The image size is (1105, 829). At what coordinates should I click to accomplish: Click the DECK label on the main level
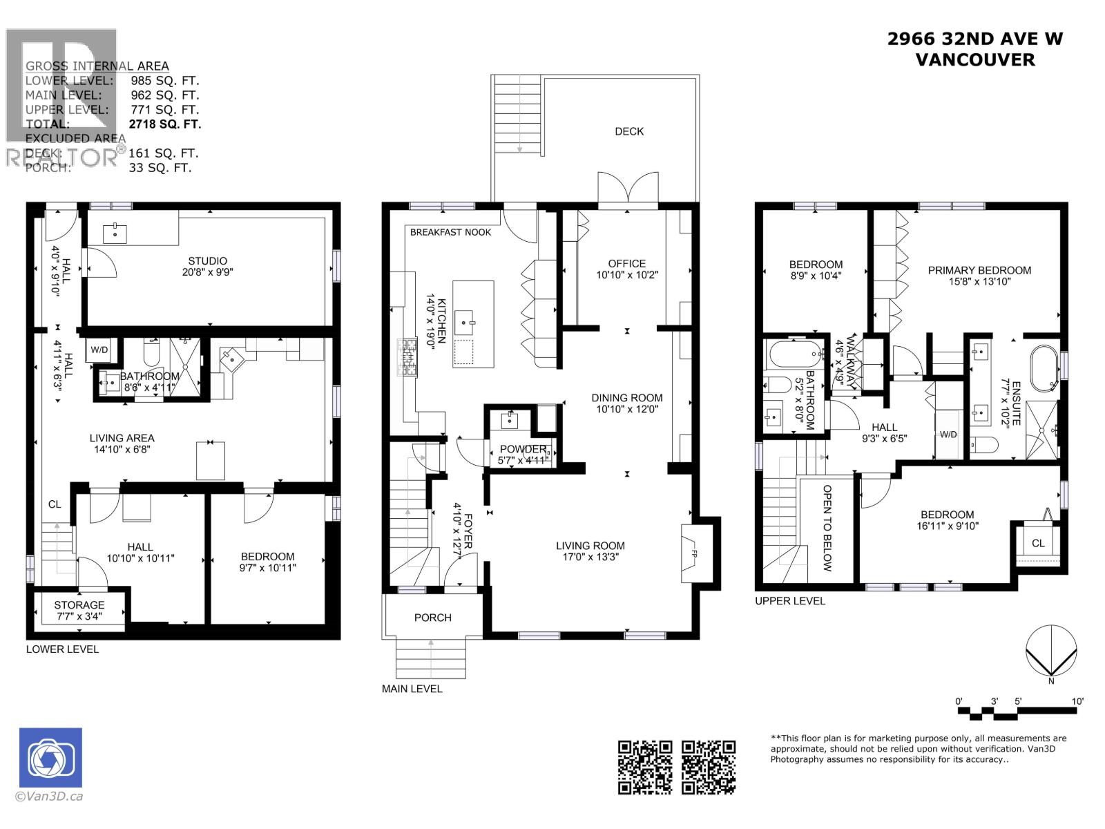tap(628, 131)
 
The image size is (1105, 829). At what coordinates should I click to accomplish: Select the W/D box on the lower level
tap(99, 350)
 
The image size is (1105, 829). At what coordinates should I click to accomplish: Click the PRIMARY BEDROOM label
tap(979, 270)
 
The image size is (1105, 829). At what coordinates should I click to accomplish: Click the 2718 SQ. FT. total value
tap(165, 124)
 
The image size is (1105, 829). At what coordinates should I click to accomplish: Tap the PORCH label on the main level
tap(432, 618)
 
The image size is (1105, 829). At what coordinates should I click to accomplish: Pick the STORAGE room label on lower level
tap(79, 605)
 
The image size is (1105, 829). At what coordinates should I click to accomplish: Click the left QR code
tap(644, 767)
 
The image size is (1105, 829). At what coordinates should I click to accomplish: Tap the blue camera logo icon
tap(50, 758)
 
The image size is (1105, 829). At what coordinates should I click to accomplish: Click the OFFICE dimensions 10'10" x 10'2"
tap(626, 275)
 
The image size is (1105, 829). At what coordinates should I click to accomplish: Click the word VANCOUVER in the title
tap(974, 60)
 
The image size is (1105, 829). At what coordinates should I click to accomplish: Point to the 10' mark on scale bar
tap(1077, 701)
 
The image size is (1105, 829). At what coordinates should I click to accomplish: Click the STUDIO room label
tap(207, 261)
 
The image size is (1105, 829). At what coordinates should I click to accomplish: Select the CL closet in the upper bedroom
tap(1037, 543)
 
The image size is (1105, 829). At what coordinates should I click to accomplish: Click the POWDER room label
tap(523, 449)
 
